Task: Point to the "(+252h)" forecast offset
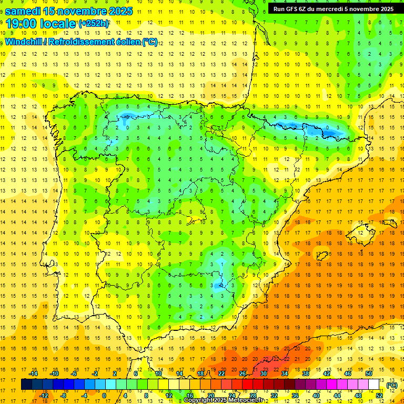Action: coord(94,24)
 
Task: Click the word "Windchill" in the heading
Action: coord(25,42)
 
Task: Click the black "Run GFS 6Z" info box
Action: coord(333,9)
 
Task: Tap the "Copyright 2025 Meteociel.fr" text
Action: coord(223,400)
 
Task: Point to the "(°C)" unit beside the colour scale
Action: coord(392,385)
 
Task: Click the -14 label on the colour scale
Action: coord(34,373)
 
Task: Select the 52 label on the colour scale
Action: coord(379,396)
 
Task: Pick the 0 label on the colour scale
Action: coord(104,396)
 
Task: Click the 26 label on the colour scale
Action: coord(243,373)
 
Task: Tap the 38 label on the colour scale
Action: coord(306,373)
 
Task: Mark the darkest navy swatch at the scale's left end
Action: coord(26,385)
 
